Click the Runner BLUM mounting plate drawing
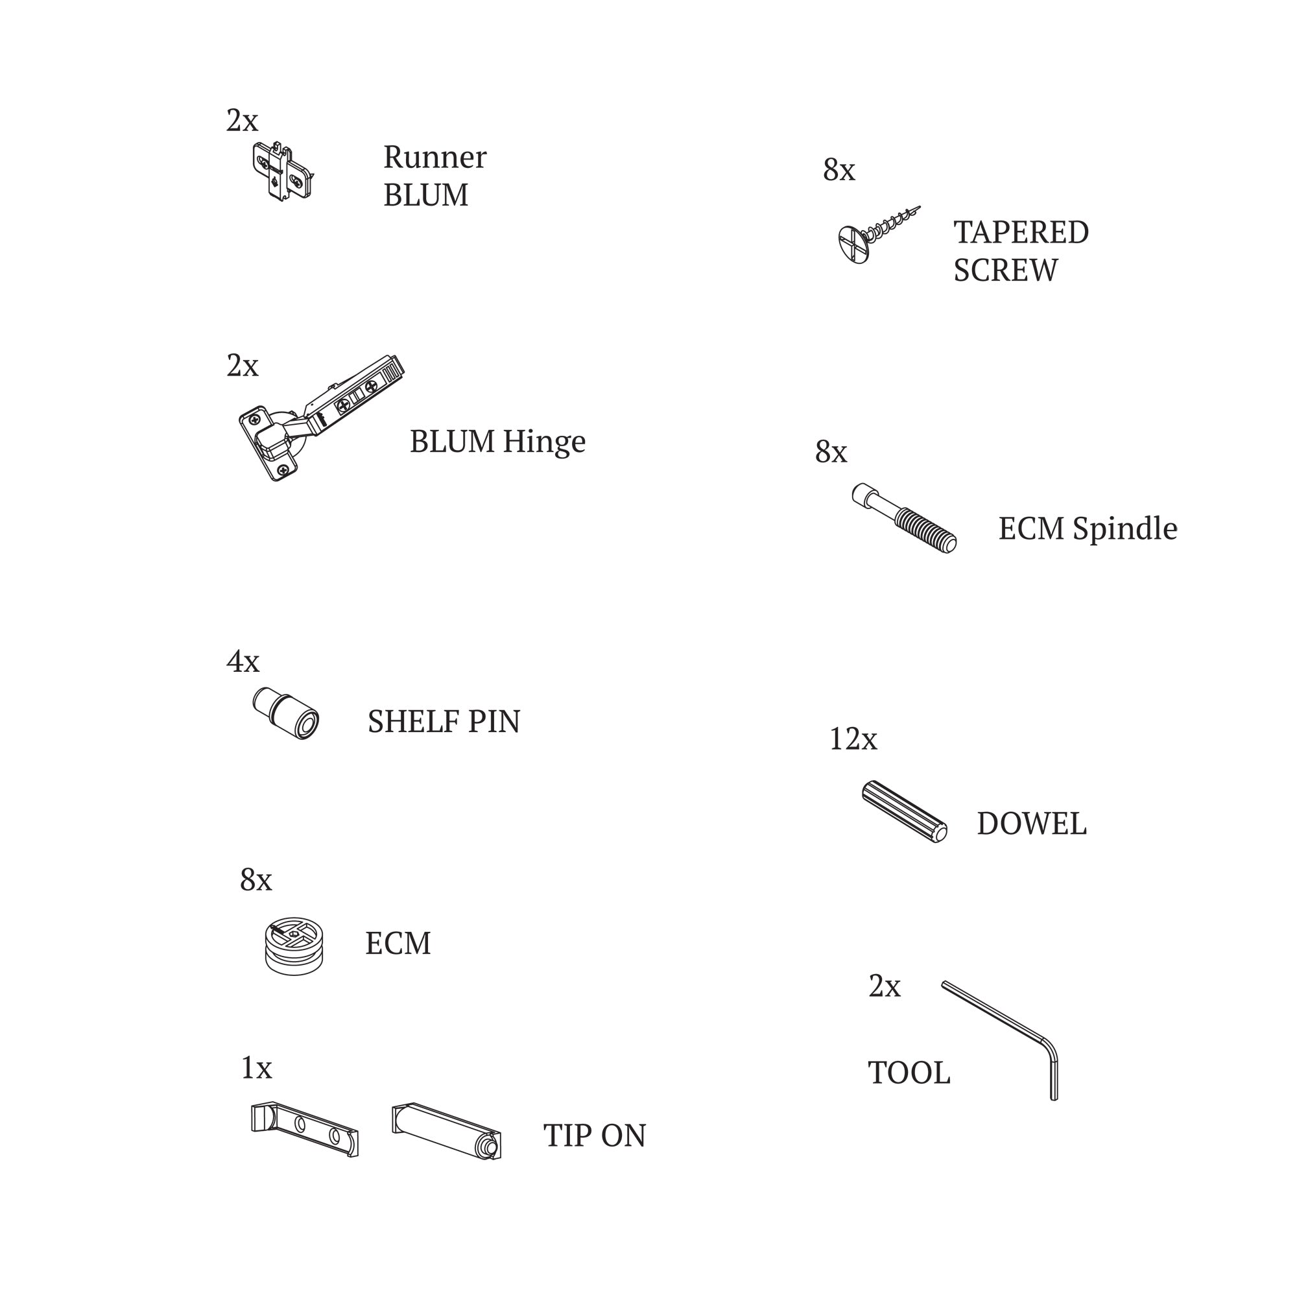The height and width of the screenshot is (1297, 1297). (283, 172)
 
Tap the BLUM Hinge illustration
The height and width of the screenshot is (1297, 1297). (321, 417)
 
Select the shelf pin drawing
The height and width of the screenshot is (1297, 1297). (286, 713)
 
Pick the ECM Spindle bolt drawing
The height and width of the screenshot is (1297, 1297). (903, 518)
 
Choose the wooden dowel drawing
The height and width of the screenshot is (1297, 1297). (904, 812)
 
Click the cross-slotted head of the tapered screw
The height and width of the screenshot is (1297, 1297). (855, 244)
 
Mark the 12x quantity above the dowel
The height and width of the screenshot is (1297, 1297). (853, 739)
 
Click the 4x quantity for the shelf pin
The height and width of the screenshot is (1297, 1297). (243, 662)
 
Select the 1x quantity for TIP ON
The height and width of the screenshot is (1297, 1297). (256, 1068)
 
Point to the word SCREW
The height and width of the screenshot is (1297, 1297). (1005, 270)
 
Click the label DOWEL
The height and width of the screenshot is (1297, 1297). (1031, 824)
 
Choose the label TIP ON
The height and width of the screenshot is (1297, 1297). (594, 1136)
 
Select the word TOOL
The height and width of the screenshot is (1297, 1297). (909, 1073)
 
